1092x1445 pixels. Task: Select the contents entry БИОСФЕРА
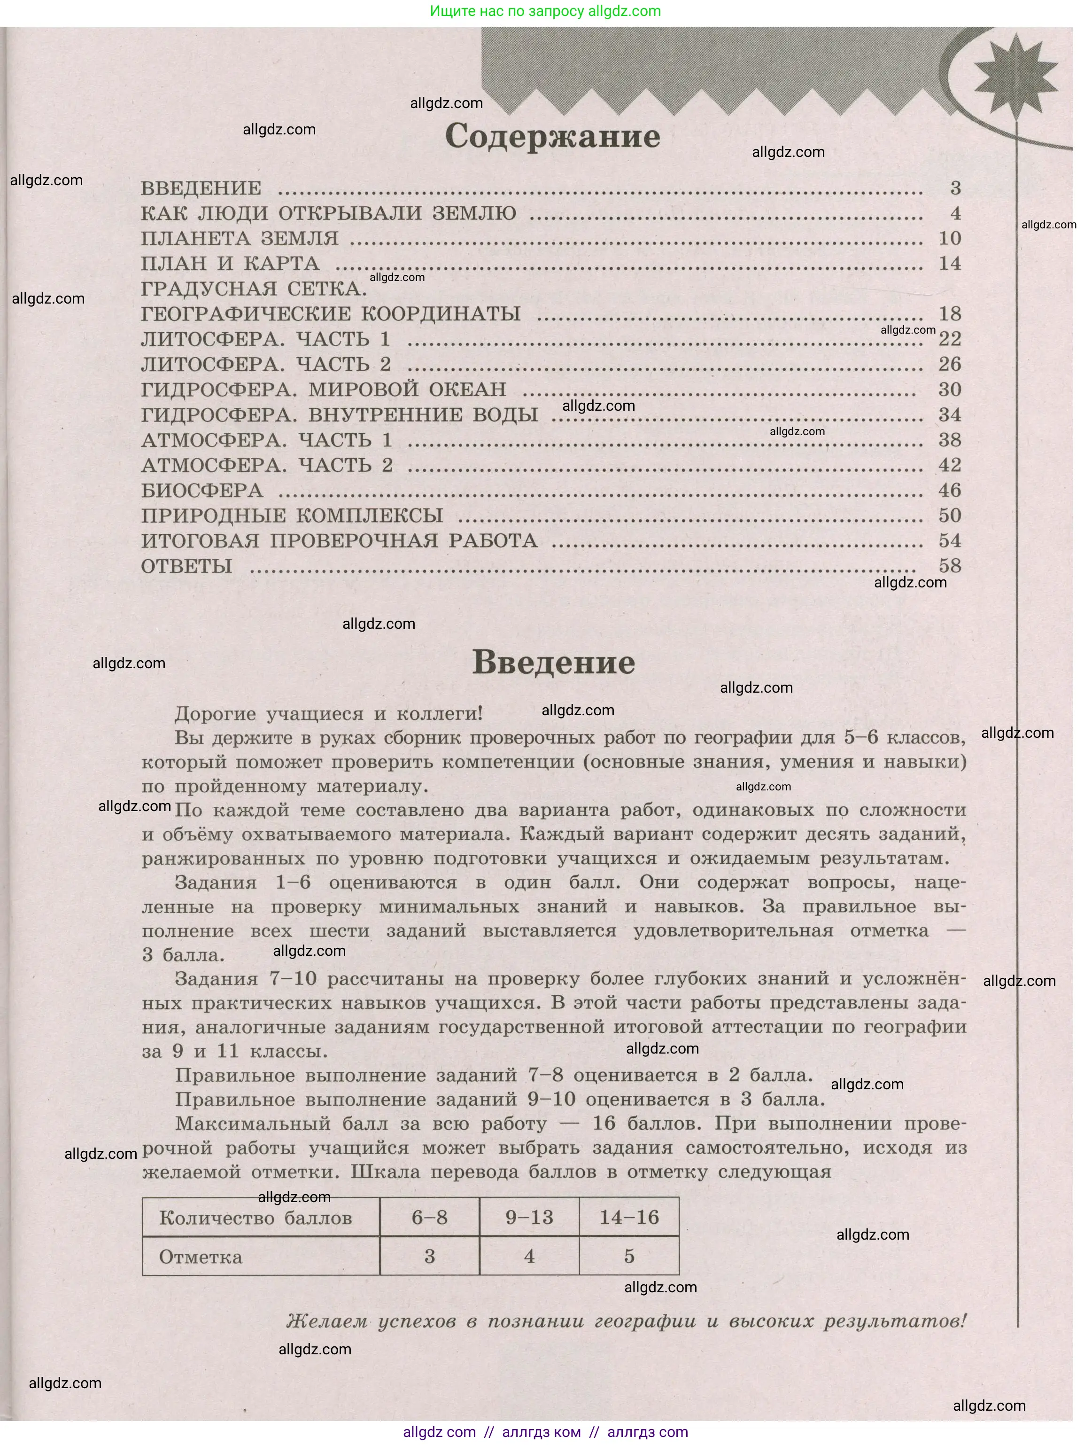202,491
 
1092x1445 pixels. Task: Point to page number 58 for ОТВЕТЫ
950,566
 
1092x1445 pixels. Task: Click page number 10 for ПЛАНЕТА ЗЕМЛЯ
950,238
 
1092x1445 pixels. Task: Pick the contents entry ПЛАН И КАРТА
230,264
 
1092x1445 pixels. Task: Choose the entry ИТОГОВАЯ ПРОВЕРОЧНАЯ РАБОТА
339,541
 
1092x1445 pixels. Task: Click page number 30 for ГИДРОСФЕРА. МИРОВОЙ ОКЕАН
950,390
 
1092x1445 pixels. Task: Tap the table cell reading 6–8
429,1217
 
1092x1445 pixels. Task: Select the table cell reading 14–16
629,1217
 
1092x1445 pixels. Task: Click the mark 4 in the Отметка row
529,1256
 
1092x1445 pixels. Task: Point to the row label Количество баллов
256,1218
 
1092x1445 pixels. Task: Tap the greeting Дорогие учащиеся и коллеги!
328,713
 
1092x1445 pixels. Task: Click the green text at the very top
545,11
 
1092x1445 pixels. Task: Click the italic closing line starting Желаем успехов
626,1321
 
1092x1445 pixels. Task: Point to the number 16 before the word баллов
604,1124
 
